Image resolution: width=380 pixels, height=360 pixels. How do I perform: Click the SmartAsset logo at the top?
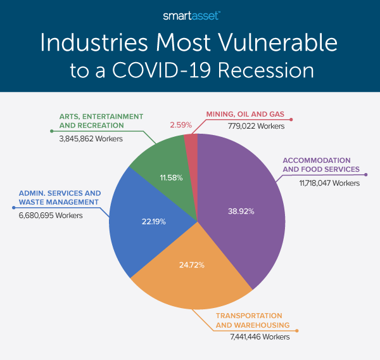pos(189,14)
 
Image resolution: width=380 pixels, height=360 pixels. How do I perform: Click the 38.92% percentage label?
pos(241,211)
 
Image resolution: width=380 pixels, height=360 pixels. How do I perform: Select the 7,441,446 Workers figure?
pos(260,337)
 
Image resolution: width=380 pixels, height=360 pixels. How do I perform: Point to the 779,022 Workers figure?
pos(256,126)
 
